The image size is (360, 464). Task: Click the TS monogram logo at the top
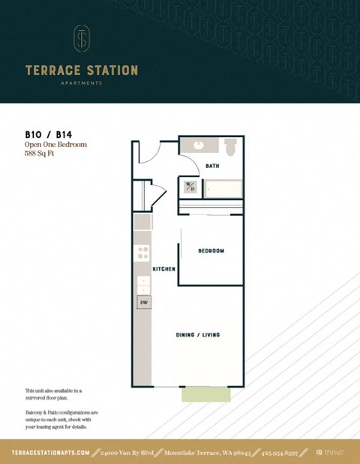(82, 38)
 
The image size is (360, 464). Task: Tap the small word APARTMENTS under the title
(82, 84)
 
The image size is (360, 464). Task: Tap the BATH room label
(212, 166)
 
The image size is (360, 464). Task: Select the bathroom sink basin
(199, 145)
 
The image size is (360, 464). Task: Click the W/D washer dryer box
(190, 187)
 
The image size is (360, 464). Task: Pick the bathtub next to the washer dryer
(222, 189)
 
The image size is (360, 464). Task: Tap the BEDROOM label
(211, 251)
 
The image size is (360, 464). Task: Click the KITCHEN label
(164, 268)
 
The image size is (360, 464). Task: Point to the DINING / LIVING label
(197, 334)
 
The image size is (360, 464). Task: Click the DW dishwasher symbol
(142, 302)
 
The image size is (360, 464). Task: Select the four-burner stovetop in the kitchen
(142, 253)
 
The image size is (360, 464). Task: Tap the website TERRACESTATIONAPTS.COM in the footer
(51, 453)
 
